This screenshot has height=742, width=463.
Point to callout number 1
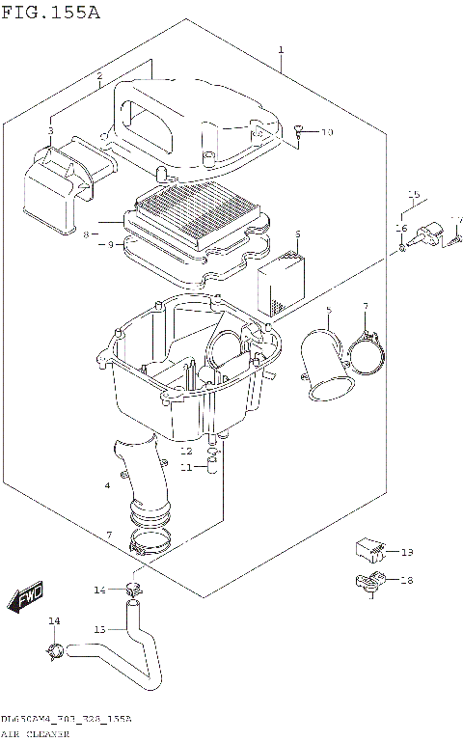tap(280, 50)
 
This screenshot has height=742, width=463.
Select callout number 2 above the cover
tap(99, 75)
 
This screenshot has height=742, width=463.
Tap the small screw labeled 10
tap(299, 130)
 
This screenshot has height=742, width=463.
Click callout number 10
tap(326, 132)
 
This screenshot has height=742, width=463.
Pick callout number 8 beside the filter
tap(86, 234)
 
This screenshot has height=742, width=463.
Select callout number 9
tap(110, 245)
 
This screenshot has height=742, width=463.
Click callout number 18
tap(406, 580)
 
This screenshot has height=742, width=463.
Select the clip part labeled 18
tap(368, 582)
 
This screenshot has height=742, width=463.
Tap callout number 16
tap(400, 228)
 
